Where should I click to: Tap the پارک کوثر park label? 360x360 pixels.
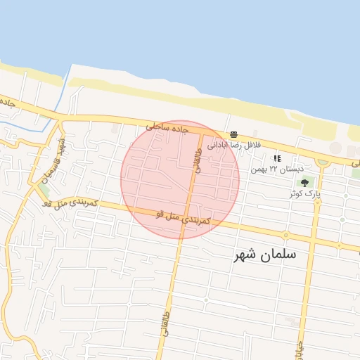[307, 193]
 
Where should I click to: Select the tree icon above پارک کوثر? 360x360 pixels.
[304, 183]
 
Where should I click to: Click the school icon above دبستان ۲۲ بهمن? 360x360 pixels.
[276, 158]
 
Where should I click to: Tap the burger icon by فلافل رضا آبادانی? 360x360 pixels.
[233, 134]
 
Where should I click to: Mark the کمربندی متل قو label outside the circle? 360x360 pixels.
[70, 203]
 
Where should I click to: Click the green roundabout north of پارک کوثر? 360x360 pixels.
[322, 162]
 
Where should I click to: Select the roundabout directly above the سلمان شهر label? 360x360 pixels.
[285, 235]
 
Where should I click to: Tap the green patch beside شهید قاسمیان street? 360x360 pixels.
[44, 191]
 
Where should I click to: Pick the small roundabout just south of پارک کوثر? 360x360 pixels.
[318, 202]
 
